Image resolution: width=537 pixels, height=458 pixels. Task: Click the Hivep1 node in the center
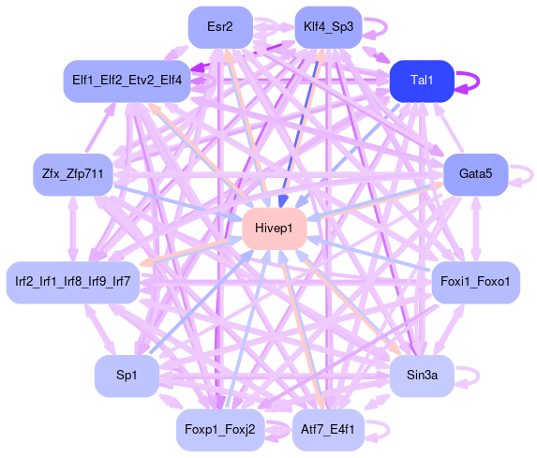tap(274, 229)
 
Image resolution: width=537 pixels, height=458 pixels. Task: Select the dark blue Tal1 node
tap(422, 81)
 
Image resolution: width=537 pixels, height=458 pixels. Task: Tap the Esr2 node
tap(220, 27)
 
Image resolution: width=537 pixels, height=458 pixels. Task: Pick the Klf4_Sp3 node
tap(328, 27)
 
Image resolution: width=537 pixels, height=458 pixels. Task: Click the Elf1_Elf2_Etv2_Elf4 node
tap(127, 81)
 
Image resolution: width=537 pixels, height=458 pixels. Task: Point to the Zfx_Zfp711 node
tap(72, 174)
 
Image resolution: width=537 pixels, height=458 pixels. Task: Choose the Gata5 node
tap(476, 174)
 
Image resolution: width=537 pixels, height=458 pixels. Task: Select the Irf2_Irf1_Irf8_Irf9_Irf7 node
tap(73, 283)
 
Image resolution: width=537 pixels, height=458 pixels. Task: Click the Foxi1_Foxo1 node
tap(476, 283)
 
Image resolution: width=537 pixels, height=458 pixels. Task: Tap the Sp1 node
tap(127, 376)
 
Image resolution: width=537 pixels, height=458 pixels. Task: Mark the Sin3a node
tap(422, 376)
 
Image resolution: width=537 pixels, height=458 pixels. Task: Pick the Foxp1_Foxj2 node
tap(220, 430)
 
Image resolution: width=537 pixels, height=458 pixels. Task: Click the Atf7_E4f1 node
tap(328, 430)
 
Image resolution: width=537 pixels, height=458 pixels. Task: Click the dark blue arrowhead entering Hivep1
tap(282, 201)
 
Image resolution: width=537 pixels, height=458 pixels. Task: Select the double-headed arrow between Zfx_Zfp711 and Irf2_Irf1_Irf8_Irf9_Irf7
tap(73, 229)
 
